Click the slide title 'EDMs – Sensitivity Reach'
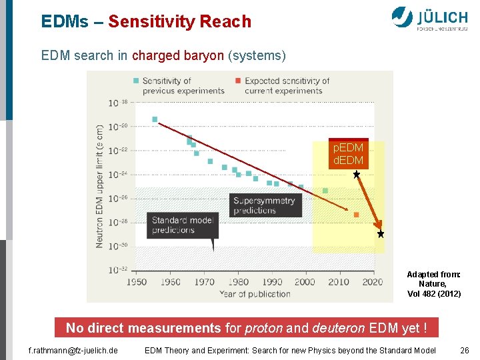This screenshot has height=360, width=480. coord(146,21)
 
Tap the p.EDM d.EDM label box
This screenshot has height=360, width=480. coord(349,154)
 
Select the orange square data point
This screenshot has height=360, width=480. coord(356,215)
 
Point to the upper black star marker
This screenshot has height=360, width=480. coord(357,174)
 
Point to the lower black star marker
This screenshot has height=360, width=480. coord(381,234)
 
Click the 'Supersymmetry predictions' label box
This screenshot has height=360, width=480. coord(265,205)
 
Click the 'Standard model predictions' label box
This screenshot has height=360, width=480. coord(182,225)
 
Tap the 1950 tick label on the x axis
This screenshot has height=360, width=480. coord(137,282)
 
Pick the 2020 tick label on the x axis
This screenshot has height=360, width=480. coord(373,282)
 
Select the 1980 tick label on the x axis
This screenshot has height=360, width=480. coord(238,282)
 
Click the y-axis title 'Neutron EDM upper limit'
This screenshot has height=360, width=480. coord(100,185)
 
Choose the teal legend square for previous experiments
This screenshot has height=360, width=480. coord(136,81)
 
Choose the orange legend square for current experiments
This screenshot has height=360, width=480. coord(238,81)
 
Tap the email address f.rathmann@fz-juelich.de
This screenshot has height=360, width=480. coord(73,350)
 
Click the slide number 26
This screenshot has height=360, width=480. coord(465,350)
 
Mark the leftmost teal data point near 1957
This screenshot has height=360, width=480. coord(155,120)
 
